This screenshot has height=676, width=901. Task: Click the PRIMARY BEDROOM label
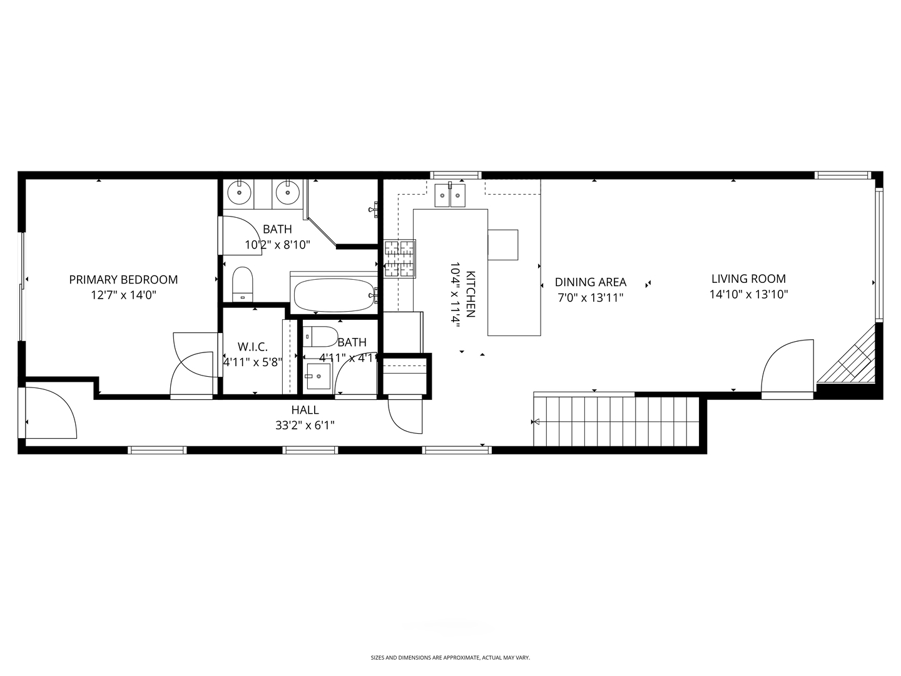[123, 280]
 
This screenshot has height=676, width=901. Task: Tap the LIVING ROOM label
[748, 279]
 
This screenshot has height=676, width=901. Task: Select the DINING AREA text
[590, 282]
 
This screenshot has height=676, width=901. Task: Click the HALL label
[305, 409]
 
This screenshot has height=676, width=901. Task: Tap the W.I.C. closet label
[252, 347]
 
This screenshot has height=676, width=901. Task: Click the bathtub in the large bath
[334, 295]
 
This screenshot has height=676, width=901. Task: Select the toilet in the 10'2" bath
[242, 284]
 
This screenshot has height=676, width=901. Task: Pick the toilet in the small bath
[320, 337]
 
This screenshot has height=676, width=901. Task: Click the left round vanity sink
[239, 192]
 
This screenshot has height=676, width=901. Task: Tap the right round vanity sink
[287, 192]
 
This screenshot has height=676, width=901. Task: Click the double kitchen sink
[450, 195]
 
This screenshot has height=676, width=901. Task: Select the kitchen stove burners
[399, 259]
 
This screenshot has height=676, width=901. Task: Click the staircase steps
[616, 421]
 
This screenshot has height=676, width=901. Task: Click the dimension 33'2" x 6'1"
[305, 425]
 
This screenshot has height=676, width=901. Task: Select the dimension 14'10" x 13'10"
[749, 294]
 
